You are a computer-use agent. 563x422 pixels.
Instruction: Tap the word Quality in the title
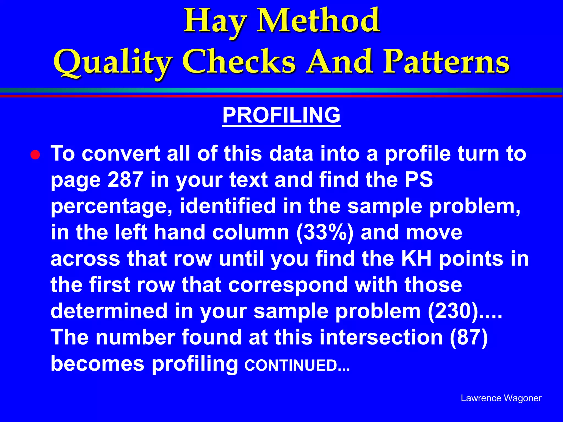point(113,63)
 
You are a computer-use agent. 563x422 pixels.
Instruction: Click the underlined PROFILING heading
point(281,115)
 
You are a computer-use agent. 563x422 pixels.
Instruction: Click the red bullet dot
point(35,155)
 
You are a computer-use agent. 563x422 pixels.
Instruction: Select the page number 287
point(125,179)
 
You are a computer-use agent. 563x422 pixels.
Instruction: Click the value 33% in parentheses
point(325,232)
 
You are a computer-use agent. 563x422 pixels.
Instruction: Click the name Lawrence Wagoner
point(501,398)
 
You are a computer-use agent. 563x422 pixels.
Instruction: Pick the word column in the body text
point(251,232)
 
